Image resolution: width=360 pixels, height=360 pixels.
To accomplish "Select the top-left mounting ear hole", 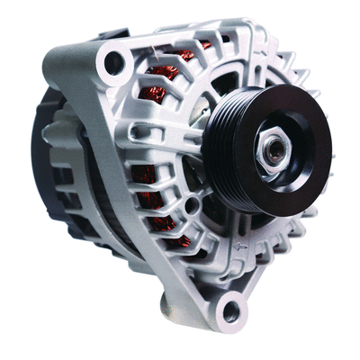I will [x=113, y=62].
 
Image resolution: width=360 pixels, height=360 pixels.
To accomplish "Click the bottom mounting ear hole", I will [x=231, y=312].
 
